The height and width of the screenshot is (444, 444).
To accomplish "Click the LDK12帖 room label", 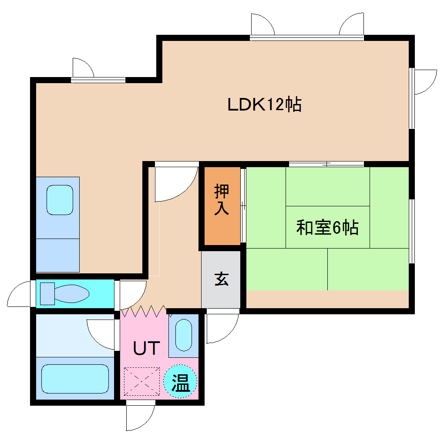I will coord(265,105).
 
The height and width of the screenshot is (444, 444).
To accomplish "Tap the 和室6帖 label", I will coord(327,227).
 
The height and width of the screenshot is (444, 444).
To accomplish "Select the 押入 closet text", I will coord(222,200).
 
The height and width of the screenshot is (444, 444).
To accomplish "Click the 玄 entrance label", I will coord(221,279).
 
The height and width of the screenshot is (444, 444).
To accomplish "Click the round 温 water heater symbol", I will coord(180,382).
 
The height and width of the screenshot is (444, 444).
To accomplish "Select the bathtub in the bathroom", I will coord(74,378).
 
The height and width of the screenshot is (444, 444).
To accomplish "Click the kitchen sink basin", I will coord(60,200).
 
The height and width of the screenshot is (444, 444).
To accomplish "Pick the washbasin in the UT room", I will coord(184,335).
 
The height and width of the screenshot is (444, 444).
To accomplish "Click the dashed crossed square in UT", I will coord(142,381).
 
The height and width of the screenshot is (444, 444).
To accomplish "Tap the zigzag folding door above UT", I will coord(144,311).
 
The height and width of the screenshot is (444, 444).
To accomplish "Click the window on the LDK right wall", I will coord(411,98).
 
